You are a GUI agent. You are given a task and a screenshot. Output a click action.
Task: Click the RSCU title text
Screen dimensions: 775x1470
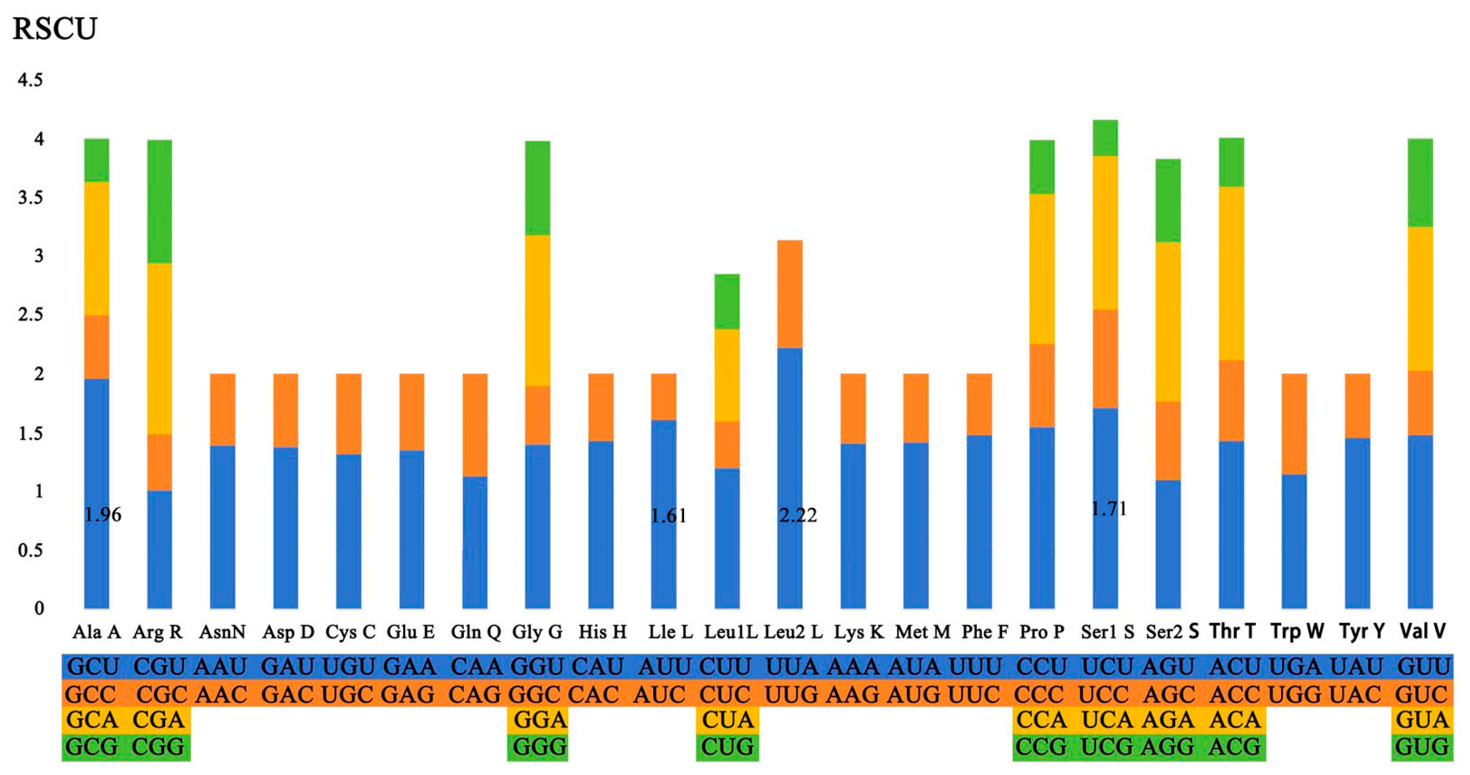tap(55, 28)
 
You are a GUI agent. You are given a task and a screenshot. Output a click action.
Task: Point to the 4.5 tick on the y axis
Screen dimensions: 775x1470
tap(30, 80)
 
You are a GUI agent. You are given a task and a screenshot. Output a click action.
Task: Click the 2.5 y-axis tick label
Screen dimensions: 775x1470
tap(30, 315)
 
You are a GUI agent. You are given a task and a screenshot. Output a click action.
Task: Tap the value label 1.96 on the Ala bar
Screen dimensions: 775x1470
tap(103, 515)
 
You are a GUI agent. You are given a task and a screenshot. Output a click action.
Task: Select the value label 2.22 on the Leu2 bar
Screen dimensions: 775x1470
tap(798, 516)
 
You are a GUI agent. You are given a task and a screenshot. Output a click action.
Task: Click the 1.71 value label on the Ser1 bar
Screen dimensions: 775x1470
tap(1109, 508)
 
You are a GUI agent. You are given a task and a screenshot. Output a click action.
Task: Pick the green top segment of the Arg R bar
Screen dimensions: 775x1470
tap(159, 201)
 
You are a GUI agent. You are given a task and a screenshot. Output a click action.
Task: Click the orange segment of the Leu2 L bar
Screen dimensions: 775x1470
tap(790, 294)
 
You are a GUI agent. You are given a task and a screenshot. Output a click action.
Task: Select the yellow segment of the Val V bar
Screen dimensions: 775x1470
tap(1420, 298)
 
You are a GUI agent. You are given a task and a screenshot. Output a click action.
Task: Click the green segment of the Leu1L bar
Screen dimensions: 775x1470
tap(727, 302)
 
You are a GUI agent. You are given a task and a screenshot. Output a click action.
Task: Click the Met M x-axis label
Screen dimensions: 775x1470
tap(922, 632)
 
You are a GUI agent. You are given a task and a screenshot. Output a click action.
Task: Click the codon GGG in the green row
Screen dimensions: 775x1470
tap(539, 747)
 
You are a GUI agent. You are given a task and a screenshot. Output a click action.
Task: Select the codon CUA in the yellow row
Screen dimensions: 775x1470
tap(728, 720)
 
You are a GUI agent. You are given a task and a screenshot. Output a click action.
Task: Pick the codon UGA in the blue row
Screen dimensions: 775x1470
tap(1294, 666)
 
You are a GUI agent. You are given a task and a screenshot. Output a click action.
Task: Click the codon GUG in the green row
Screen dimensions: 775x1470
tap(1422, 747)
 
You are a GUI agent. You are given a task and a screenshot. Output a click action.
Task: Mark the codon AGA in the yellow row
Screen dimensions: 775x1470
tap(1168, 720)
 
